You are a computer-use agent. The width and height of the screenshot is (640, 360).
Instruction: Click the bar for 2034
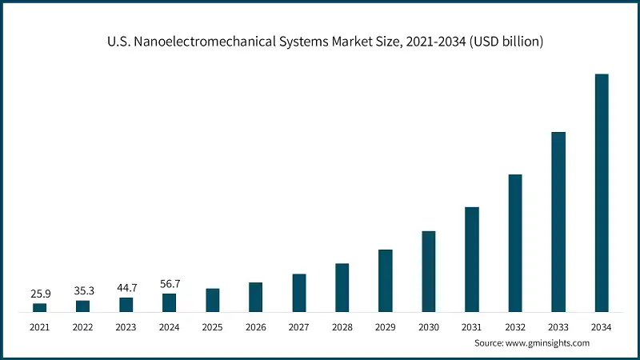pyautogui.click(x=602, y=193)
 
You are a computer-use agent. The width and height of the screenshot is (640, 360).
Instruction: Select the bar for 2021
pyautogui.click(x=40, y=307)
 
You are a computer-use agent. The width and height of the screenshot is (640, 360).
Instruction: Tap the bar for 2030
pyautogui.click(x=429, y=271)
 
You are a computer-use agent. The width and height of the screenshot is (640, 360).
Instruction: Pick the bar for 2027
pyautogui.click(x=299, y=293)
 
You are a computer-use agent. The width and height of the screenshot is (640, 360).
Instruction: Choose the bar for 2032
pyautogui.click(x=515, y=243)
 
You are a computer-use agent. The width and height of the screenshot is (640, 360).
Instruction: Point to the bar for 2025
pyautogui.click(x=213, y=300)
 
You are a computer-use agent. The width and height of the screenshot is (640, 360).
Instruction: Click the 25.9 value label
pyautogui.click(x=40, y=294)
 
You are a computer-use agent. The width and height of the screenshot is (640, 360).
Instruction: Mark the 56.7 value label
pyautogui.click(x=170, y=284)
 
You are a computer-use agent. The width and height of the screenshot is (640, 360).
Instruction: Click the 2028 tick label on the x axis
pyautogui.click(x=342, y=326)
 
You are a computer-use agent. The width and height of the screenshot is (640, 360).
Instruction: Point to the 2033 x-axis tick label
pyautogui.click(x=558, y=326)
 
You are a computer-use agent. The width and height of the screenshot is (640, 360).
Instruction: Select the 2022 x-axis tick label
pyautogui.click(x=83, y=326)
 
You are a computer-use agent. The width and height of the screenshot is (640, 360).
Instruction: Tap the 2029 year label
pyautogui.click(x=386, y=326)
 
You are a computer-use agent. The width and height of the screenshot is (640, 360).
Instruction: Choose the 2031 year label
pyautogui.click(x=472, y=326)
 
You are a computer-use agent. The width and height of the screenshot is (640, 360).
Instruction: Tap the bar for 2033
pyautogui.click(x=558, y=222)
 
